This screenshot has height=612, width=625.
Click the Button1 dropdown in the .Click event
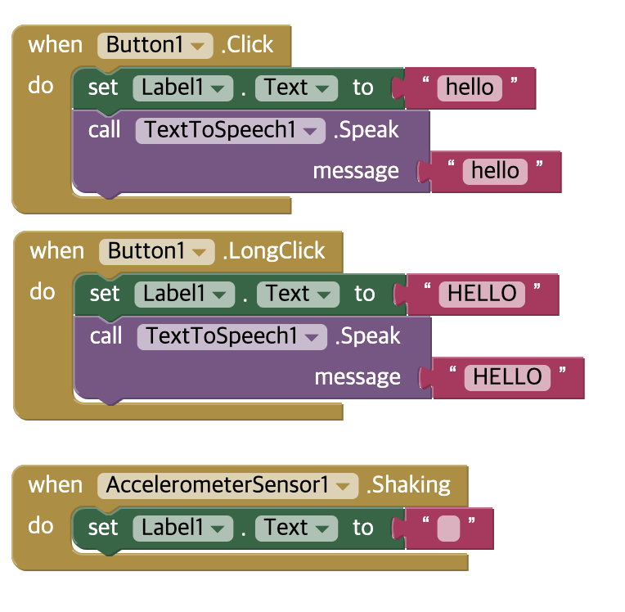[155, 44]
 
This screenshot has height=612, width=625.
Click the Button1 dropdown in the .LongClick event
[157, 250]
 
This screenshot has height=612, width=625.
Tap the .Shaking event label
[408, 484]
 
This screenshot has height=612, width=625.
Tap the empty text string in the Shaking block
[448, 529]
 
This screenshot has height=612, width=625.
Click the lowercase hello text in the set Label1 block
[470, 87]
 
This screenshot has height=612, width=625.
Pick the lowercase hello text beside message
[495, 170]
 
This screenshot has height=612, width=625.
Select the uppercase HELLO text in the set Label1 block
[483, 293]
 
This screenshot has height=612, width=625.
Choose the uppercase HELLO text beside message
[507, 376]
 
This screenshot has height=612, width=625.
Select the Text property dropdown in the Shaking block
[296, 527]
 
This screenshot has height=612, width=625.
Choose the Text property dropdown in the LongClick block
[298, 293]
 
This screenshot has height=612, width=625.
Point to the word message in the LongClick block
[357, 376]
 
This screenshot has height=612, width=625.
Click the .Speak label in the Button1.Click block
[366, 129]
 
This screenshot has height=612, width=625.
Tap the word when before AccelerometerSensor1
[56, 484]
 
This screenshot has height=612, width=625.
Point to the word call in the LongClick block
[106, 335]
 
